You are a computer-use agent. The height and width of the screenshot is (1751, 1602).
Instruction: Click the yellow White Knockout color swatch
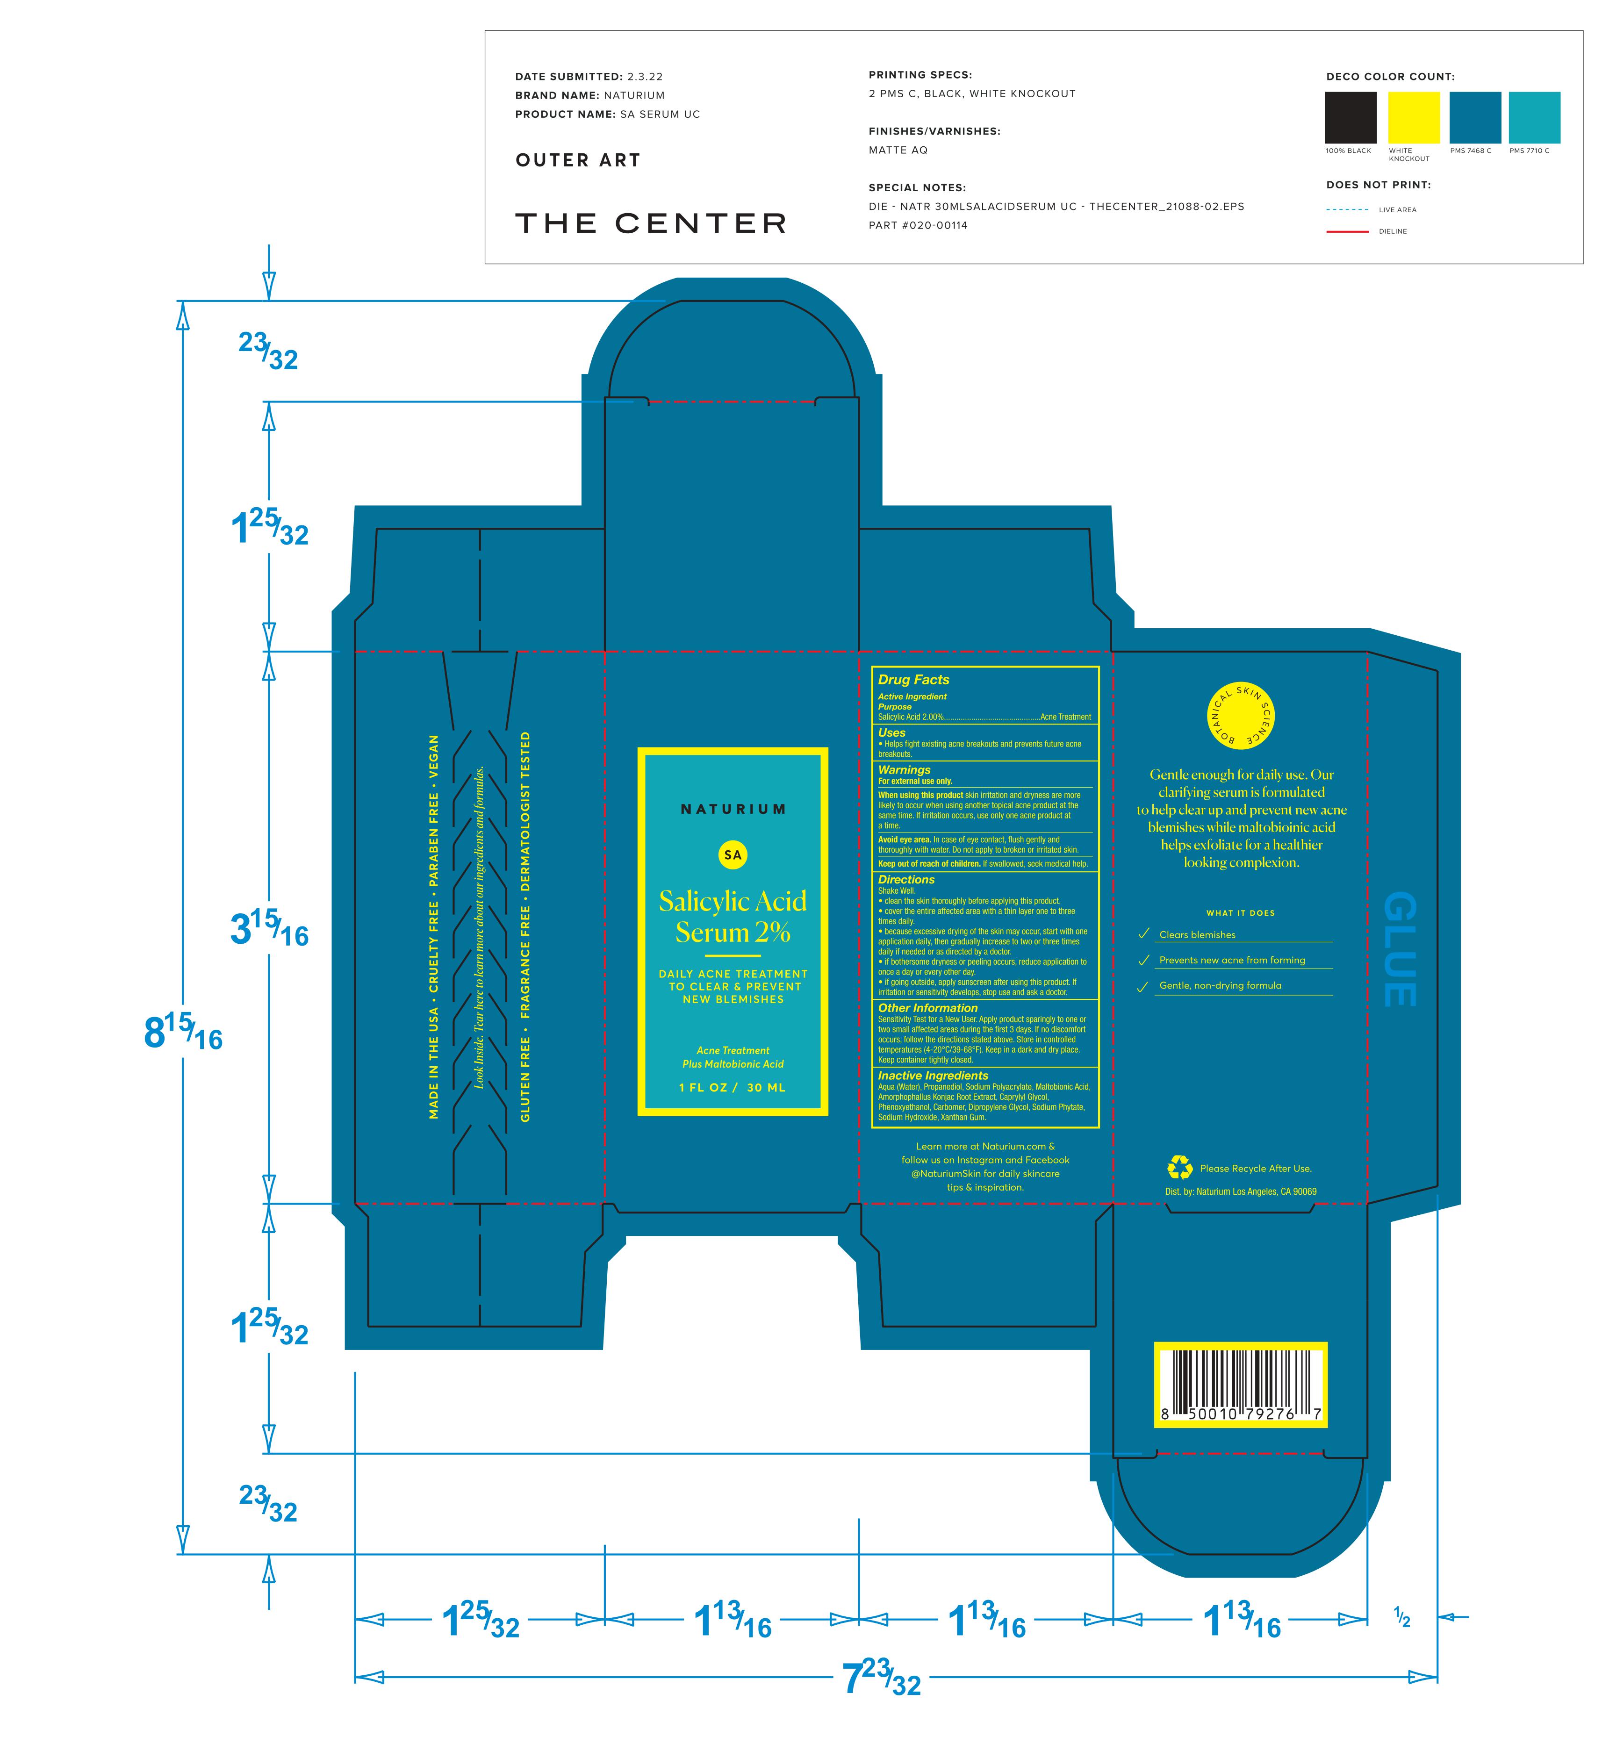pyautogui.click(x=1414, y=117)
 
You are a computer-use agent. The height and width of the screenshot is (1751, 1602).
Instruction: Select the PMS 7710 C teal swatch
pyautogui.click(x=1534, y=117)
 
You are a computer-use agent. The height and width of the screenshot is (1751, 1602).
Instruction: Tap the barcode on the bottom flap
pyautogui.click(x=1241, y=1385)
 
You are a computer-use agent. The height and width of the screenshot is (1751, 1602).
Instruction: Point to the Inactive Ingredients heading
pyautogui.click(x=932, y=1075)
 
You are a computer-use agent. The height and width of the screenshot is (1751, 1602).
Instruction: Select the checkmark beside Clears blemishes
pyautogui.click(x=1144, y=933)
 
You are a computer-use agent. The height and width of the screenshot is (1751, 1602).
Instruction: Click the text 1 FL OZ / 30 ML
pyautogui.click(x=733, y=1087)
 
